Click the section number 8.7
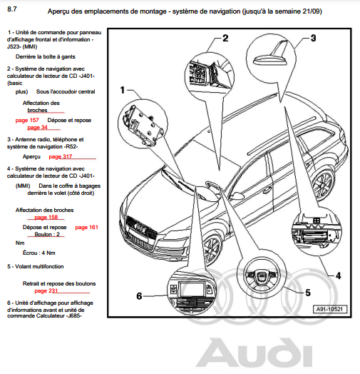tap(12, 9)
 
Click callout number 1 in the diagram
tap(123, 90)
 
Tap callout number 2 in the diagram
tap(225, 38)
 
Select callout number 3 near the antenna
tap(313, 38)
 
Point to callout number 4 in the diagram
tap(339, 276)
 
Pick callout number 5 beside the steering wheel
tap(308, 293)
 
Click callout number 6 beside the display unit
tap(139, 296)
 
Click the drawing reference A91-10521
tap(329, 309)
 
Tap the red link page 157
tap(27, 120)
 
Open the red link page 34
tap(37, 127)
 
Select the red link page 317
tap(61, 157)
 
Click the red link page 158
tap(46, 217)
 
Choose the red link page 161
tap(86, 227)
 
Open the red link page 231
tap(46, 290)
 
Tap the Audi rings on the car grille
tap(140, 227)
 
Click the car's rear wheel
tap(323, 183)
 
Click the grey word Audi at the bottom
tap(254, 353)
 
